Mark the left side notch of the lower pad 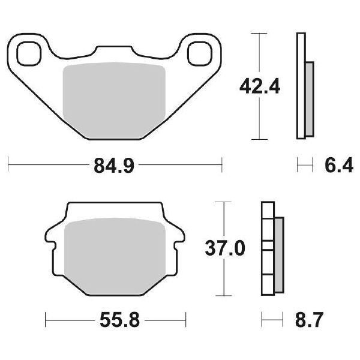(53, 247)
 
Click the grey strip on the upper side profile (309, 99)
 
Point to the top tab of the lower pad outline (114, 210)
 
